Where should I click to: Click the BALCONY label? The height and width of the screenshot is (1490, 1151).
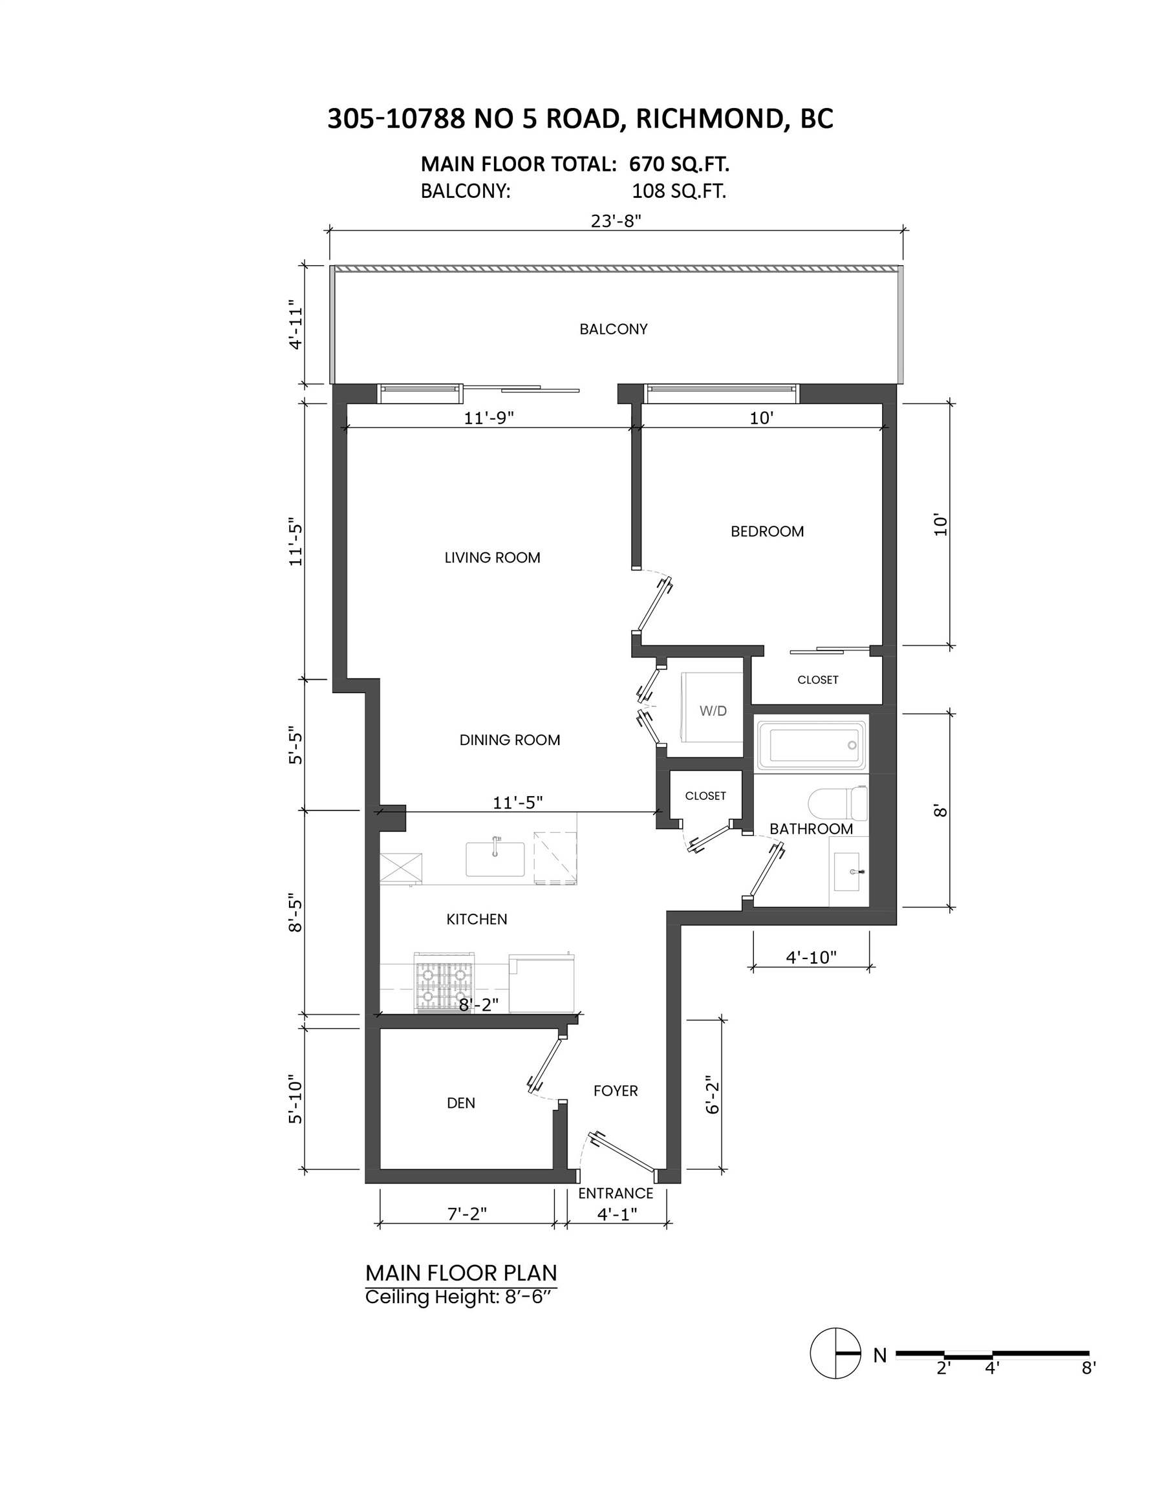pyautogui.click(x=613, y=329)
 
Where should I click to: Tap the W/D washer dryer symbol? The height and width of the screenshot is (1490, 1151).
pyautogui.click(x=713, y=710)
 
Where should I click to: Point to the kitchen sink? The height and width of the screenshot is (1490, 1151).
pyautogui.click(x=495, y=858)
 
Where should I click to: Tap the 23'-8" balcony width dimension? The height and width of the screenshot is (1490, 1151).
pyautogui.click(x=616, y=221)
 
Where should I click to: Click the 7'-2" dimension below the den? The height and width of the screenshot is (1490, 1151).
pyautogui.click(x=467, y=1214)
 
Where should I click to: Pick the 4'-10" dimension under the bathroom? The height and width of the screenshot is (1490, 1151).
pyautogui.click(x=810, y=957)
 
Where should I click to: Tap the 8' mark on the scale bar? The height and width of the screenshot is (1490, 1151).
pyautogui.click(x=1088, y=1368)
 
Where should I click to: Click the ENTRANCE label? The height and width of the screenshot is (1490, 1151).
pyautogui.click(x=616, y=1193)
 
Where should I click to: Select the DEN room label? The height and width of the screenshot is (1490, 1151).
pyautogui.click(x=460, y=1103)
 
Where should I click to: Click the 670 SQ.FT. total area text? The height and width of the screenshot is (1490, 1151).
pyautogui.click(x=679, y=164)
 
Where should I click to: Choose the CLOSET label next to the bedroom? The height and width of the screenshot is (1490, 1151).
pyautogui.click(x=817, y=680)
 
